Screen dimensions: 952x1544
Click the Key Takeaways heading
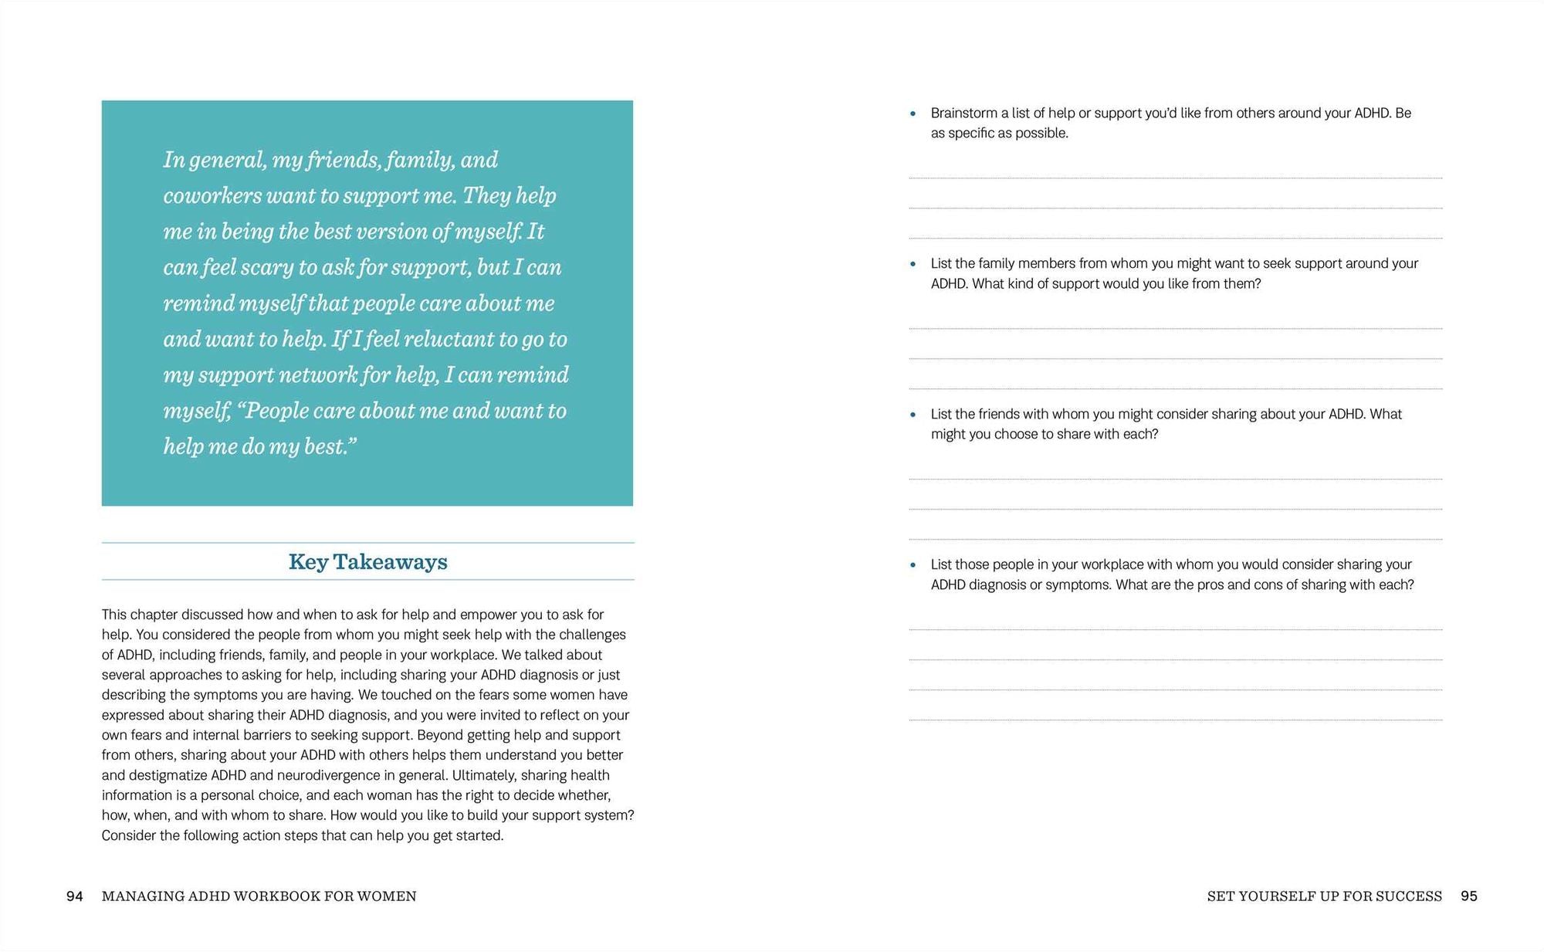tap(367, 562)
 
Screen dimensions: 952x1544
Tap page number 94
tap(75, 896)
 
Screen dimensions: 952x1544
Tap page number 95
tap(1468, 896)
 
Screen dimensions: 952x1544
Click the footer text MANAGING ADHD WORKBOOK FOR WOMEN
tap(259, 896)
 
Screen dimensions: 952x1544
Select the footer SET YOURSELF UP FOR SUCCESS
tap(1324, 896)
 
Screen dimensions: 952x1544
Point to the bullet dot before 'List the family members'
tap(913, 264)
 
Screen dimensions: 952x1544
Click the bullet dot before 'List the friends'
tap(913, 415)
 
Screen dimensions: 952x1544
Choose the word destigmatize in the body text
tap(168, 775)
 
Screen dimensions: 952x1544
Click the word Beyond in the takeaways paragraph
tap(440, 735)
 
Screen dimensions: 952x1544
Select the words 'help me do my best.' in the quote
tap(259, 447)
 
